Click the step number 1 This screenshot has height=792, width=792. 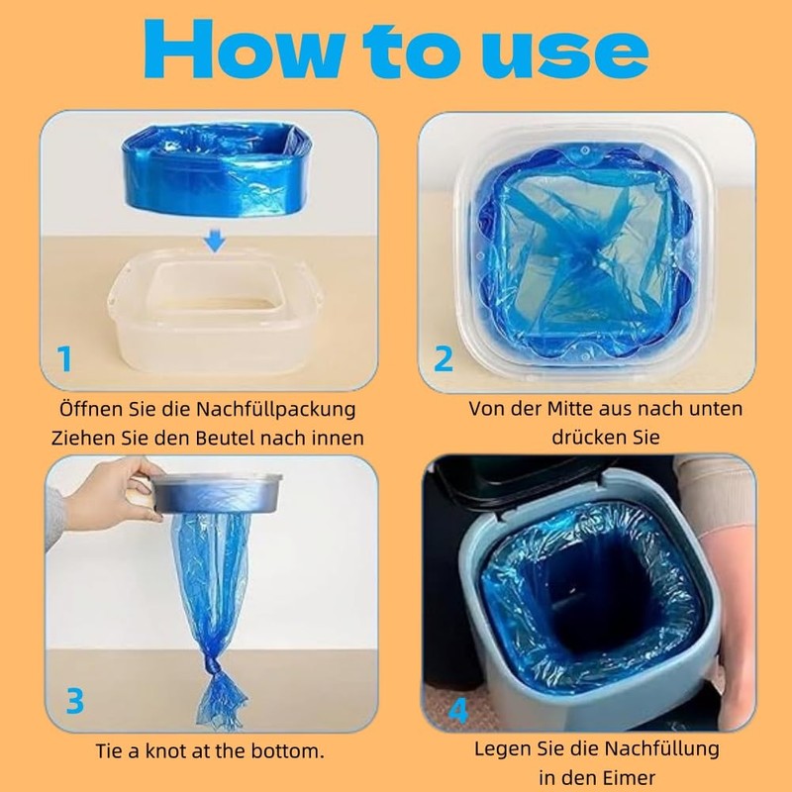pyautogui.click(x=64, y=359)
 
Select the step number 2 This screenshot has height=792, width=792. pyautogui.click(x=444, y=359)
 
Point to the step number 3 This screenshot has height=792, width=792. pyautogui.click(x=75, y=701)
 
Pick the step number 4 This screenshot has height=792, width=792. pyautogui.click(x=458, y=710)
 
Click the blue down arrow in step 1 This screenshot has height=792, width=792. pyautogui.click(x=215, y=242)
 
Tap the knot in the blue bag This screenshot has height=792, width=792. pyautogui.click(x=215, y=667)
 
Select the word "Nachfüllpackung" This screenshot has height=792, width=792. pyautogui.click(x=276, y=409)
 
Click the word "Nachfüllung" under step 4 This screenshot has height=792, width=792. pyautogui.click(x=661, y=748)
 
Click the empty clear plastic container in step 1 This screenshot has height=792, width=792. pyautogui.click(x=216, y=311)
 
